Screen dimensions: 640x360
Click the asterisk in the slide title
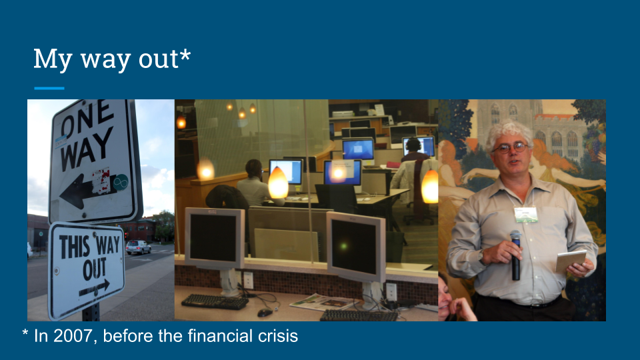click(185, 55)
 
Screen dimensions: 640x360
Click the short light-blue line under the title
click(49, 88)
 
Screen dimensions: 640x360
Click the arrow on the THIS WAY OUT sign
click(94, 288)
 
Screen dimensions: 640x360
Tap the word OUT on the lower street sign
click(95, 269)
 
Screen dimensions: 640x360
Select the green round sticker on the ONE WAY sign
click(121, 183)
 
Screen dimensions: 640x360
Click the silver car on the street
click(138, 247)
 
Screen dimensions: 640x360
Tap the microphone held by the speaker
click(516, 255)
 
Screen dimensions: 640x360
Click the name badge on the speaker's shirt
click(526, 214)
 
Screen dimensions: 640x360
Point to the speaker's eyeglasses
click(510, 147)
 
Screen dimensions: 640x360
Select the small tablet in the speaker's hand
click(571, 260)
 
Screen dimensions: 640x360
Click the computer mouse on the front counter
click(265, 313)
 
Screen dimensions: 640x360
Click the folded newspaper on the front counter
click(323, 302)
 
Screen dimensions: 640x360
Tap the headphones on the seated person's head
click(413, 144)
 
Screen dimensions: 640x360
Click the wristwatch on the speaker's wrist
click(481, 256)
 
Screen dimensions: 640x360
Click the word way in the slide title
click(106, 60)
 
